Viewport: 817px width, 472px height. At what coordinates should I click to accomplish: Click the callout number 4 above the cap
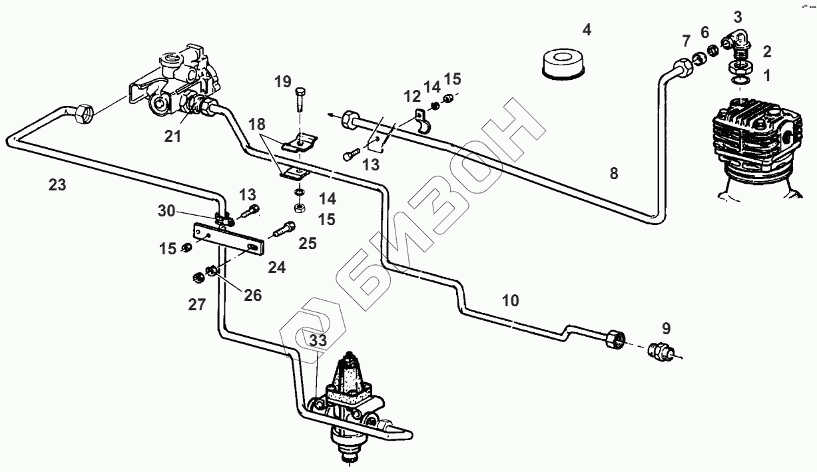[x=586, y=29]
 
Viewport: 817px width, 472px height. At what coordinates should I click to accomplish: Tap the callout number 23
[x=57, y=184]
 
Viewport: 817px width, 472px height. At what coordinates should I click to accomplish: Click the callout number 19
[x=283, y=82]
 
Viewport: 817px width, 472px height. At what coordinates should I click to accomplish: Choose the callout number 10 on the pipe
[x=510, y=300]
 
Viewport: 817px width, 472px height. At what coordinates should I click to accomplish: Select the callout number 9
[x=667, y=328]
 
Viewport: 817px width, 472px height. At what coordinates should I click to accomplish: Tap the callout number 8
[x=613, y=174]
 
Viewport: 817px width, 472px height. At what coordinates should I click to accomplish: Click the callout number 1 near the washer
[x=766, y=76]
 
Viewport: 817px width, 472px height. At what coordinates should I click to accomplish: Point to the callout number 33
[x=318, y=340]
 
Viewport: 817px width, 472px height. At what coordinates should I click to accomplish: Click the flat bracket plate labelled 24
[x=228, y=238]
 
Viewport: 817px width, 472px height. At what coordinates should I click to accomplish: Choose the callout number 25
[x=307, y=244]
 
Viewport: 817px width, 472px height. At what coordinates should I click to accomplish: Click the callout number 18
[x=258, y=124]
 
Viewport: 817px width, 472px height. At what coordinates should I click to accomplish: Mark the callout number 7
[x=686, y=42]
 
